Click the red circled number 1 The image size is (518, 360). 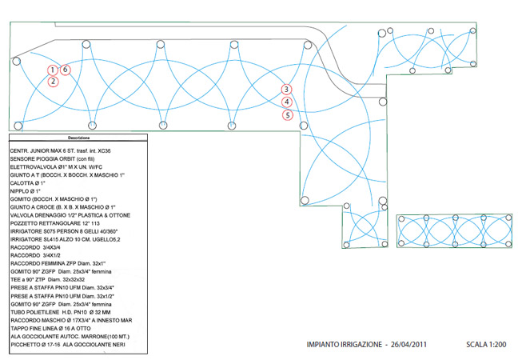point(53,70)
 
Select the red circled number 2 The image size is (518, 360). point(53,81)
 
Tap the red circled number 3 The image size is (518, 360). point(287,90)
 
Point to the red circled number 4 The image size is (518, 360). point(287,102)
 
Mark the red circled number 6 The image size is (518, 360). point(66,70)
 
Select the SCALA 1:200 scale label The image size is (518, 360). point(484,346)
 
